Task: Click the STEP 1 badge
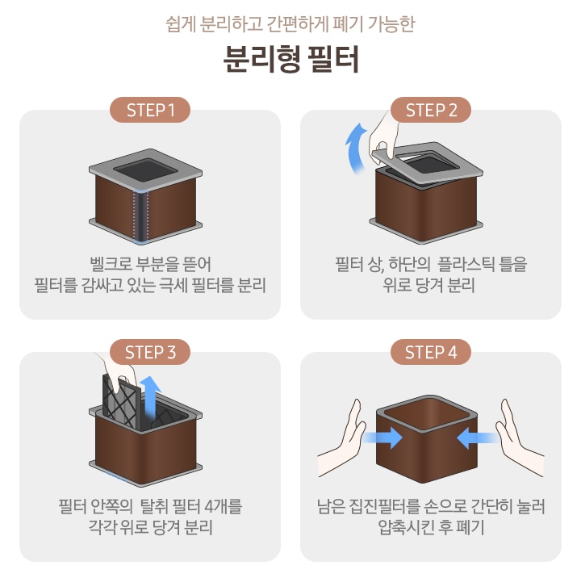click(150, 111)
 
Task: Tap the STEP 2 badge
click(431, 111)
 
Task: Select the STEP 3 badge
click(150, 352)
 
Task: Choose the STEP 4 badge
click(431, 352)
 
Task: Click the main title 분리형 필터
click(290, 61)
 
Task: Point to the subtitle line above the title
click(290, 23)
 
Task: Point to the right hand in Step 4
click(517, 432)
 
